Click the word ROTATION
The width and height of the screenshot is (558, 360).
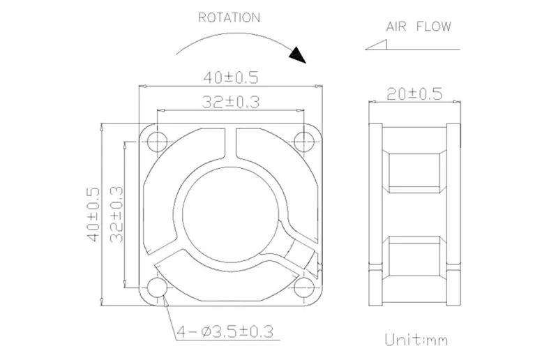[229, 17]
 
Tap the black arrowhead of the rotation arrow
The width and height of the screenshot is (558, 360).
[299, 55]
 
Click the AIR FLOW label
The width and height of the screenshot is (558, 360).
[418, 27]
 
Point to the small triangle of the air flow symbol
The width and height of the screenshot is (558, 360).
[377, 45]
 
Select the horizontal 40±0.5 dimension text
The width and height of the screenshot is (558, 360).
[231, 77]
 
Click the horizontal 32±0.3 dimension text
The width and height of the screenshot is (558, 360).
[231, 102]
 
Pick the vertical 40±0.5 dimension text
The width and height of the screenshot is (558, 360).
[94, 215]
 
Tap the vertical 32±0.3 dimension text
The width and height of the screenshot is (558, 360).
[116, 215]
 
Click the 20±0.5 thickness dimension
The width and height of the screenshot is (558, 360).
[414, 94]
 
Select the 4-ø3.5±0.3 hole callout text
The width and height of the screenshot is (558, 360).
[225, 332]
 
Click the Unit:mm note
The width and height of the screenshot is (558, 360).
[416, 340]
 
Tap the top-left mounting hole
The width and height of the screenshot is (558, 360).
[157, 142]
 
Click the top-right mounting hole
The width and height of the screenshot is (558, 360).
[303, 142]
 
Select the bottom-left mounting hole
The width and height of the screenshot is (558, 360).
[157, 287]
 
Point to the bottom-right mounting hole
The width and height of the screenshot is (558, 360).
[303, 287]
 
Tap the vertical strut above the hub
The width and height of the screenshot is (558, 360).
[231, 144]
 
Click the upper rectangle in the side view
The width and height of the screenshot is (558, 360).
[414, 173]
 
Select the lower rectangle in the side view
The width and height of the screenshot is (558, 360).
[414, 255]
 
